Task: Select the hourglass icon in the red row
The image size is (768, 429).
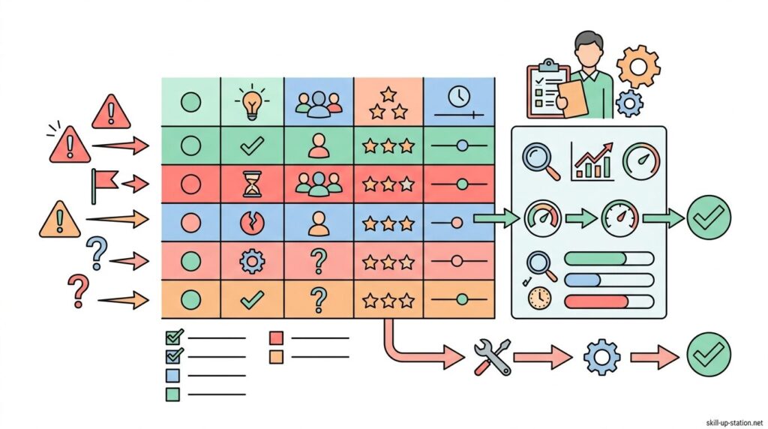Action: click(x=250, y=184)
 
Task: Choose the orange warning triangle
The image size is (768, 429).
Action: click(x=58, y=220)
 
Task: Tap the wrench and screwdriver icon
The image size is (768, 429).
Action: click(x=493, y=356)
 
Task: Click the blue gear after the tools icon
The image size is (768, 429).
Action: click(x=601, y=356)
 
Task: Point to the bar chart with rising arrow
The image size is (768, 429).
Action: click(x=592, y=161)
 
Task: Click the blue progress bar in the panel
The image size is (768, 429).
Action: click(x=582, y=280)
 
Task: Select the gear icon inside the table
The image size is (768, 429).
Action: click(x=250, y=261)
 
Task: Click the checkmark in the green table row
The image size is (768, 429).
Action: click(x=250, y=146)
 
